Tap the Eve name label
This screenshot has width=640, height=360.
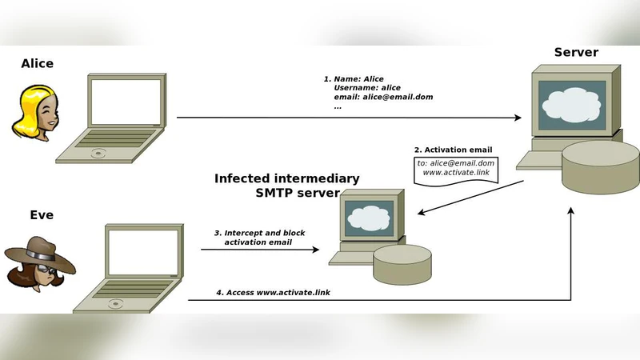pyautogui.click(x=41, y=214)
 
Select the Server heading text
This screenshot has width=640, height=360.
pyautogui.click(x=576, y=53)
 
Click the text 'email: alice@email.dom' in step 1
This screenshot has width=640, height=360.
pyautogui.click(x=383, y=97)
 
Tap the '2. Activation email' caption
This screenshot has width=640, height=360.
pyautogui.click(x=452, y=150)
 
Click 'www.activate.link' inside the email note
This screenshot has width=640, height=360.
pyautogui.click(x=457, y=172)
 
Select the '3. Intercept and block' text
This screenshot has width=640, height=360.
pyautogui.click(x=259, y=233)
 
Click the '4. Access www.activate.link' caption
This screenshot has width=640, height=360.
pyautogui.click(x=273, y=293)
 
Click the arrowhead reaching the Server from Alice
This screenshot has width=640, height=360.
pyautogui.click(x=518, y=118)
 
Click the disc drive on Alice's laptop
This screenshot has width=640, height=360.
pyautogui.click(x=98, y=153)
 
